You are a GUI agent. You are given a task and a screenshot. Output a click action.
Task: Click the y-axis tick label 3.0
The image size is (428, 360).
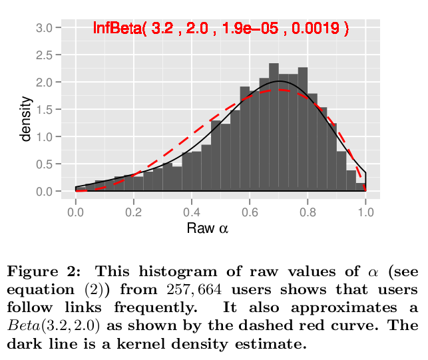click(44, 28)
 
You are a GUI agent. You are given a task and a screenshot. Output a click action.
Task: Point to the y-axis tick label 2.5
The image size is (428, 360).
click(44, 55)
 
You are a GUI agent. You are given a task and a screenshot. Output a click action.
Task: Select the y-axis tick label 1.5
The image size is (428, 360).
click(44, 110)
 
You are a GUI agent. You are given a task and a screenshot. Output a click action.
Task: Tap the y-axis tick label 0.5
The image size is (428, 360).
click(44, 164)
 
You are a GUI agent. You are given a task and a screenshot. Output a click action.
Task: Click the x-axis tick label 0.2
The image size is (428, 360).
click(134, 212)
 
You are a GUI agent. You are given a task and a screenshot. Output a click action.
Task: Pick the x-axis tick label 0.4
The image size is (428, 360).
click(192, 212)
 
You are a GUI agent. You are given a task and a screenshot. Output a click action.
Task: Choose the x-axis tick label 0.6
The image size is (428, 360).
click(250, 212)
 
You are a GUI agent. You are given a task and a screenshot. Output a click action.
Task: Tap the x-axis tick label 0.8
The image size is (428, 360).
click(308, 212)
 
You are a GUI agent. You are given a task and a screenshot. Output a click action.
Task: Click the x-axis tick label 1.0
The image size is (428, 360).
click(365, 212)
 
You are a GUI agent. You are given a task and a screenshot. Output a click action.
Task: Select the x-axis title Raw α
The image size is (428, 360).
click(208, 228)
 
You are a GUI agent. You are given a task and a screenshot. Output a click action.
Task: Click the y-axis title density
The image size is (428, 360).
click(26, 118)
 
